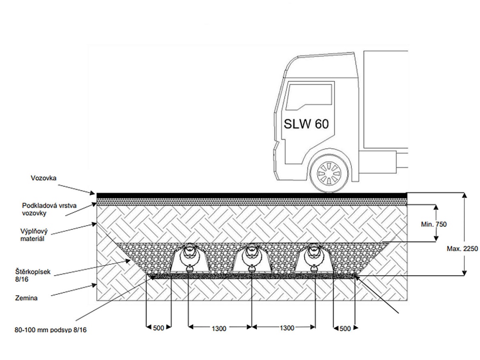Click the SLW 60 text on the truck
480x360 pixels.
tap(306, 124)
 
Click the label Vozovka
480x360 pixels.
tap(43, 178)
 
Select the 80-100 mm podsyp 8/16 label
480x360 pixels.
tap(47, 330)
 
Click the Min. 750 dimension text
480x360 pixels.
tap(434, 224)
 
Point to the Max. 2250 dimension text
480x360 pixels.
tap(462, 249)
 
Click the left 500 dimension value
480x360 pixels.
tap(158, 328)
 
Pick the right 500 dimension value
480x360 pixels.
tap(345, 328)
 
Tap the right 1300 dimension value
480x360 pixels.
tap(287, 328)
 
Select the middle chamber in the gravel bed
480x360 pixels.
tap(251, 260)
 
